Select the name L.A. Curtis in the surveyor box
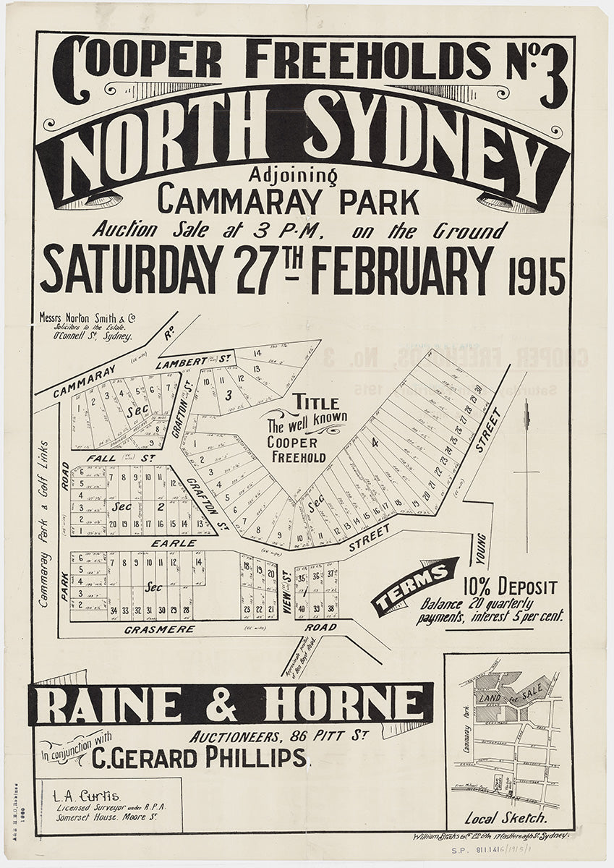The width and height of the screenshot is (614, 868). tap(80, 796)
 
